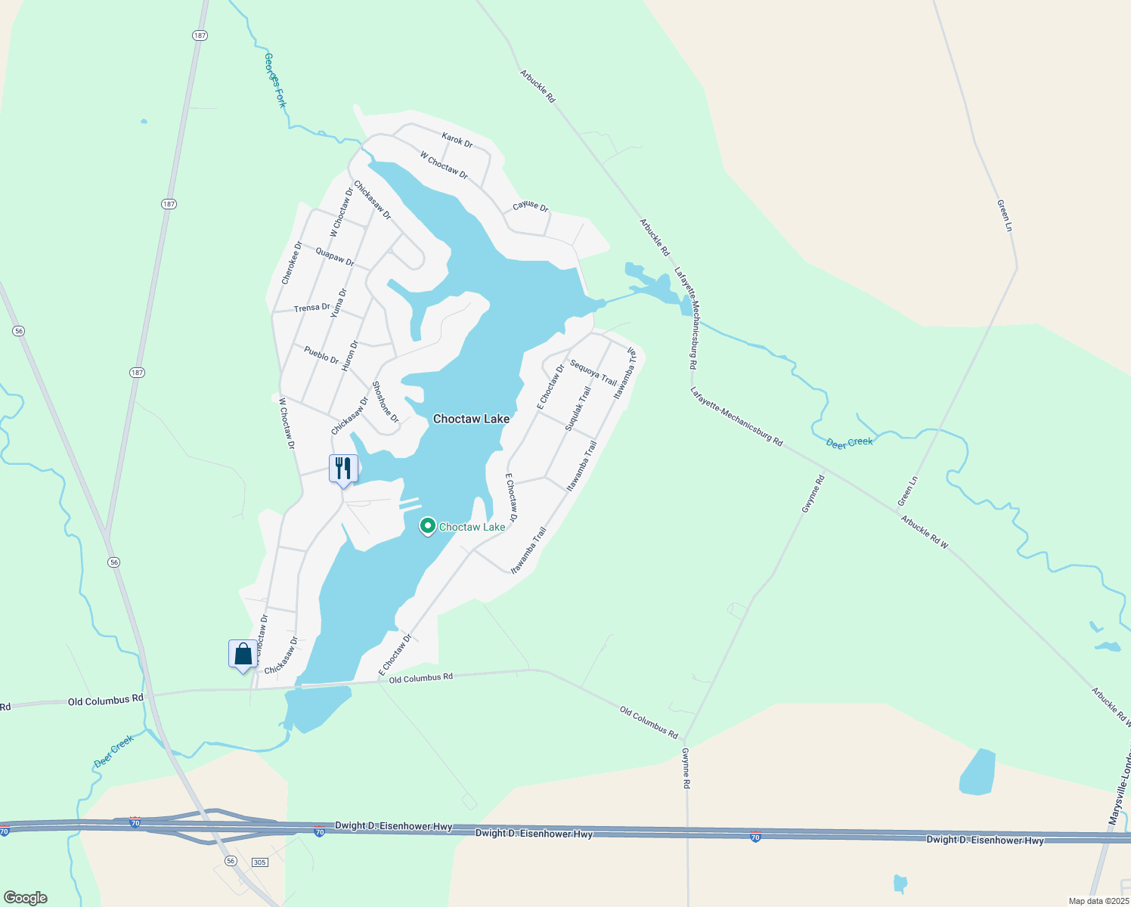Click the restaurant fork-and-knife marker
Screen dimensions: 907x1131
click(x=343, y=469)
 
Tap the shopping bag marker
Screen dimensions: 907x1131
click(x=243, y=654)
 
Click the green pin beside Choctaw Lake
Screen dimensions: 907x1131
click(x=427, y=526)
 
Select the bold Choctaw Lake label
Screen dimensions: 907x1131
click(x=471, y=419)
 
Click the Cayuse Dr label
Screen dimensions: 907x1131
click(x=530, y=206)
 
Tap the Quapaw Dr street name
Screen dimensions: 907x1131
click(x=335, y=257)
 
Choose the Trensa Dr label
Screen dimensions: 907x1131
click(x=312, y=308)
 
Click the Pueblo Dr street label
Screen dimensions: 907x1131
click(x=321, y=354)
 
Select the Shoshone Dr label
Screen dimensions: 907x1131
click(x=385, y=401)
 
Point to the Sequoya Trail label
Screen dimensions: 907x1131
click(x=593, y=372)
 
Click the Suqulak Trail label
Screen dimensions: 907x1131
click(x=578, y=409)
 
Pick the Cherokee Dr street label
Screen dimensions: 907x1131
click(x=291, y=263)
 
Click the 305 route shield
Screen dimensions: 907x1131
click(x=259, y=862)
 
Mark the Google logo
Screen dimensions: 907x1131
click(x=26, y=898)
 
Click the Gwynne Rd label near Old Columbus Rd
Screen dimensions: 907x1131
click(x=686, y=769)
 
